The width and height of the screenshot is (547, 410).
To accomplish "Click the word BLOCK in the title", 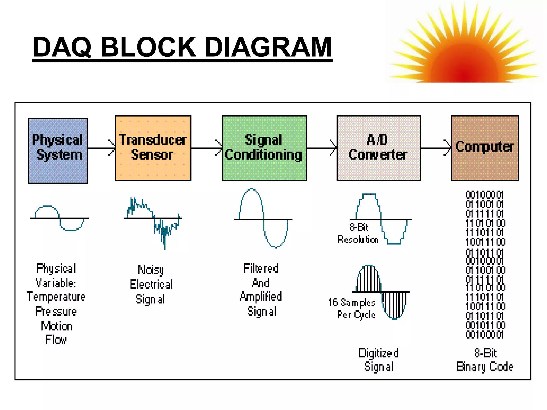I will pyautogui.click(x=149, y=47).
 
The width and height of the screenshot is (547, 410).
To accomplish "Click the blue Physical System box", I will pyautogui.click(x=58, y=151).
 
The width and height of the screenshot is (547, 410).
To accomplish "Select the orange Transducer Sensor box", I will pyautogui.click(x=153, y=148).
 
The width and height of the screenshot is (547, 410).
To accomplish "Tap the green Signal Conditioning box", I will pyautogui.click(x=264, y=148).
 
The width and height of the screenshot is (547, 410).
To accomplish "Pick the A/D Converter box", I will pyautogui.click(x=378, y=148).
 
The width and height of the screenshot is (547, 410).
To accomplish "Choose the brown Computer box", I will pyautogui.click(x=485, y=148).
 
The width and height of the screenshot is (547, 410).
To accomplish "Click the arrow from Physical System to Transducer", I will pyautogui.click(x=101, y=148).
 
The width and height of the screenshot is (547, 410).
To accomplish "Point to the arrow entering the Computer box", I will pyautogui.click(x=436, y=148).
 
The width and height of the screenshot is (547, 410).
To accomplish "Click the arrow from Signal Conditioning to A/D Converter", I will pyautogui.click(x=322, y=148).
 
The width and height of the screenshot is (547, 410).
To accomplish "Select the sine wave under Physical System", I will pyautogui.click(x=59, y=218).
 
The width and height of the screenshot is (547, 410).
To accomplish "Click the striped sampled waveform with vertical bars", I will pyautogui.click(x=381, y=292).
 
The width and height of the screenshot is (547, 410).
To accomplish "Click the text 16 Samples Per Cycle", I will pyautogui.click(x=352, y=309).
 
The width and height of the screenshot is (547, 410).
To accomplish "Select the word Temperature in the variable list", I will pyautogui.click(x=56, y=297).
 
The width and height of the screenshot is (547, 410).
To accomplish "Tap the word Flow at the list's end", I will pyautogui.click(x=56, y=340).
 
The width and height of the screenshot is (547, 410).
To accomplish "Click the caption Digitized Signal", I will pyautogui.click(x=378, y=360).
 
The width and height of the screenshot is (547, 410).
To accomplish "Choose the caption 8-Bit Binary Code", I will pyautogui.click(x=485, y=360).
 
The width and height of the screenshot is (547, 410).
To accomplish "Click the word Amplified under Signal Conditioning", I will pyautogui.click(x=261, y=297).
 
